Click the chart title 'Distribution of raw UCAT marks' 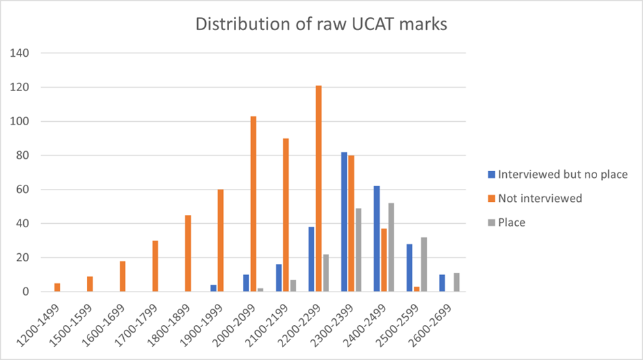click(x=321, y=24)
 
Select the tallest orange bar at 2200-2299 click(x=319, y=189)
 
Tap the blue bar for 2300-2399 click(x=343, y=222)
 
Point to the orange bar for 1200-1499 click(x=57, y=287)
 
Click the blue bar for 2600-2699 click(x=441, y=283)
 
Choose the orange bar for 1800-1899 click(x=188, y=253)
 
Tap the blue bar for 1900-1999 click(x=213, y=288)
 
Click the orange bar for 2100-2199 click(x=286, y=215)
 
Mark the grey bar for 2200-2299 click(x=326, y=273)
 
